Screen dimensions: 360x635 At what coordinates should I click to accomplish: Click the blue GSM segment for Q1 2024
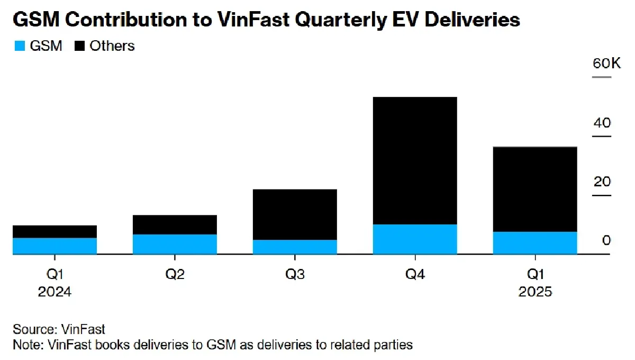tap(55, 246)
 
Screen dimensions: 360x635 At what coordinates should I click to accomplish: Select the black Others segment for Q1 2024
tap(55, 231)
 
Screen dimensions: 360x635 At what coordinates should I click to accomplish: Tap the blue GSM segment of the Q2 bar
tap(175, 244)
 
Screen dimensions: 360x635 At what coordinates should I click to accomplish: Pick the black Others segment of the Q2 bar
tap(175, 224)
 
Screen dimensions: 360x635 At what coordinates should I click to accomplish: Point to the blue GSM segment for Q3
tap(295, 247)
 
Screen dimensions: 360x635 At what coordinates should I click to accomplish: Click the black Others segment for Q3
tap(295, 214)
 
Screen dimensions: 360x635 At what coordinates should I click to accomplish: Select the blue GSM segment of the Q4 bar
tap(415, 239)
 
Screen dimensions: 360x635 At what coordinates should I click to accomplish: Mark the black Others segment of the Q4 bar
tap(415, 160)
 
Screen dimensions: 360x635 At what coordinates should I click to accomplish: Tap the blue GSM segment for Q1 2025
tap(535, 243)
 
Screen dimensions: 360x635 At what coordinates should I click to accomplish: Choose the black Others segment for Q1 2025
tap(535, 189)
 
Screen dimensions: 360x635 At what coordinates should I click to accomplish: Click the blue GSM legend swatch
tap(19, 46)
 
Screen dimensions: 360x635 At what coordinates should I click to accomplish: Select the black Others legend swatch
tap(80, 46)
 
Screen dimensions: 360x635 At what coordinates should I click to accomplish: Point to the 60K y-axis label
tap(602, 64)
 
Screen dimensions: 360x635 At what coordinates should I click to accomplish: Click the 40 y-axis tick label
tap(602, 123)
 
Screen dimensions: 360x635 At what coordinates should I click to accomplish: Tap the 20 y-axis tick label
tap(602, 182)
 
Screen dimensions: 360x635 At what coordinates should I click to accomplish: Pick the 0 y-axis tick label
tap(606, 240)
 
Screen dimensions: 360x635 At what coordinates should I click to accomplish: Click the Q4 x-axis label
tap(415, 274)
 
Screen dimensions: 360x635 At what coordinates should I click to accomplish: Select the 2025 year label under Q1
tap(535, 292)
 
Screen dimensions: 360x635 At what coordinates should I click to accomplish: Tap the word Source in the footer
tap(31, 329)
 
